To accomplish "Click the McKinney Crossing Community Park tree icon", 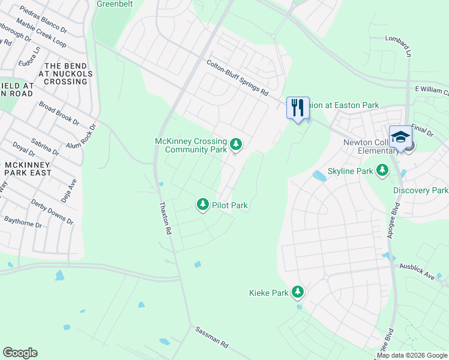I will tap(237, 144).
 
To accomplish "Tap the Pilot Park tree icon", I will tap(203, 205).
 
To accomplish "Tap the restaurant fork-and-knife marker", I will tap(298, 108).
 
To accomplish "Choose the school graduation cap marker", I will tap(400, 137).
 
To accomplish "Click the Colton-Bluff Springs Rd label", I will tap(238, 77).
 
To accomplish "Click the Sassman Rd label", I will tap(212, 338).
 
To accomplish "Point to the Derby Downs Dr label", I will tap(52, 212).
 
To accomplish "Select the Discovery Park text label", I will tap(421, 190).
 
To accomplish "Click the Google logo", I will tap(20, 353).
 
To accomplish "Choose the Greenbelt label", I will tap(115, 4).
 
